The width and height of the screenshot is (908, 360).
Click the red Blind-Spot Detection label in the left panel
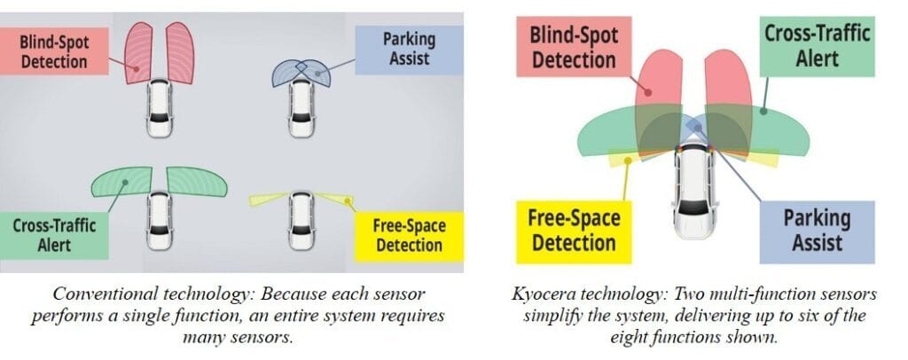(x=55, y=51)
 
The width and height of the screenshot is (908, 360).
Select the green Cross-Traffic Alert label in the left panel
(x=55, y=234)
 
